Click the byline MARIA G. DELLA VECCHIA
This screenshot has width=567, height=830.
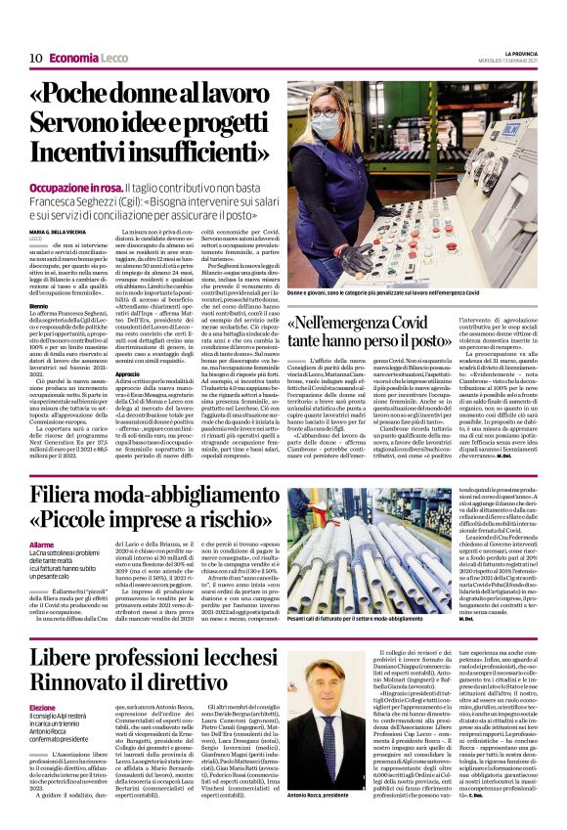(x=65, y=231)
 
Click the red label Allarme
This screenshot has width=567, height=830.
(x=43, y=544)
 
